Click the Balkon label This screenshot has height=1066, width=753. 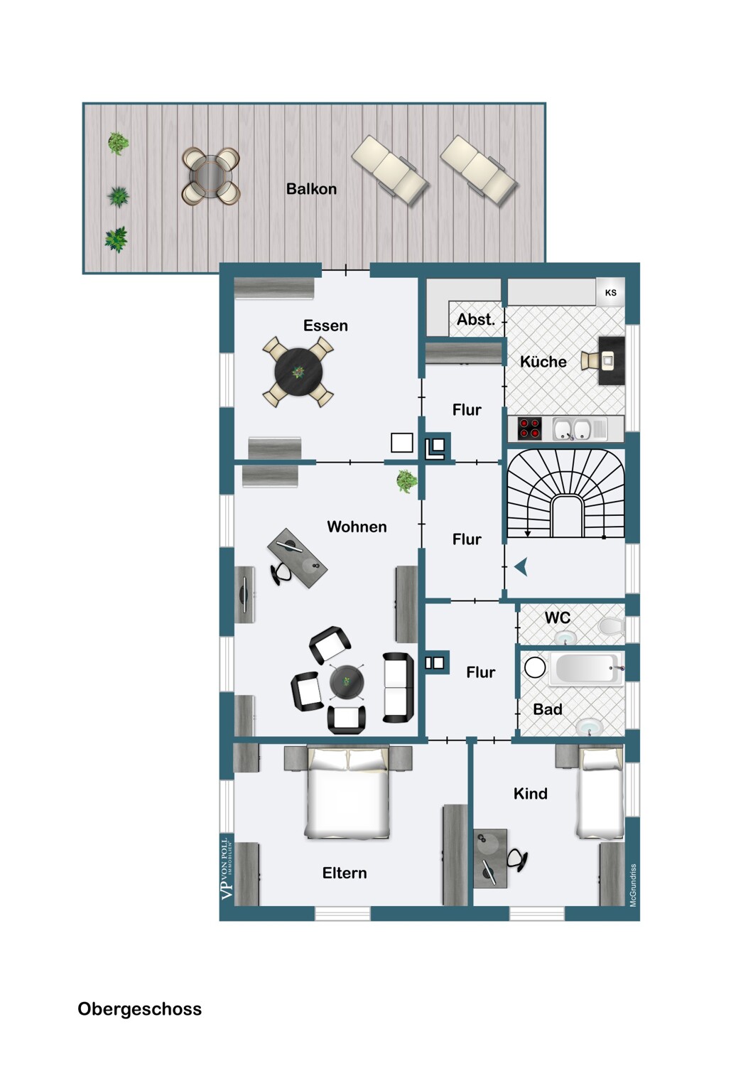coord(311,189)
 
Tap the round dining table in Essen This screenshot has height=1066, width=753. coord(299,372)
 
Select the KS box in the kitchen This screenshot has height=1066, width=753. coord(610,292)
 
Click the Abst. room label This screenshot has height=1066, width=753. coord(475,320)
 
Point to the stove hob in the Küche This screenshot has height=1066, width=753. coord(529,429)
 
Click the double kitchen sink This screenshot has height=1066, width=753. coord(573,429)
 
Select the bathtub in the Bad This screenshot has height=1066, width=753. coord(587,669)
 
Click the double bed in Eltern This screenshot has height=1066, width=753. coord(348,793)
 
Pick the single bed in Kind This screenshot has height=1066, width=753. coord(600,792)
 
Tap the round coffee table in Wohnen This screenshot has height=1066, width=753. coord(347,682)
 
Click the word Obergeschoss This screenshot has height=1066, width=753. coord(139,1009)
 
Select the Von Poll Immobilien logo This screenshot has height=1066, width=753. coord(227,868)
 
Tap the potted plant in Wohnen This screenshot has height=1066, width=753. coord(406,481)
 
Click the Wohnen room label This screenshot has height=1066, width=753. coord(357,527)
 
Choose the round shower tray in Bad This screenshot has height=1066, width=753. coord(535,667)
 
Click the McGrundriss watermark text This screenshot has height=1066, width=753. coord(633,885)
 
